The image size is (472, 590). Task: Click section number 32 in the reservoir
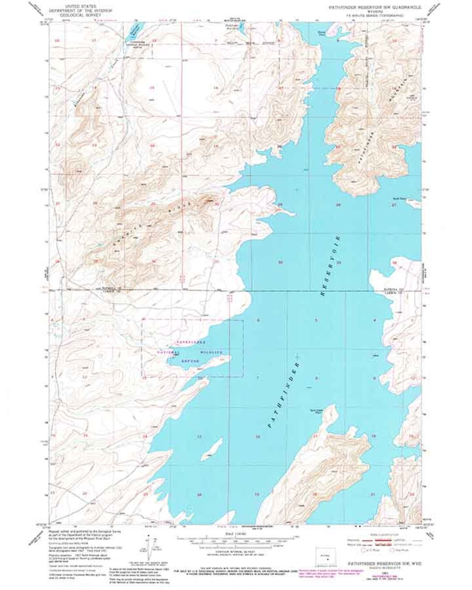281,262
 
